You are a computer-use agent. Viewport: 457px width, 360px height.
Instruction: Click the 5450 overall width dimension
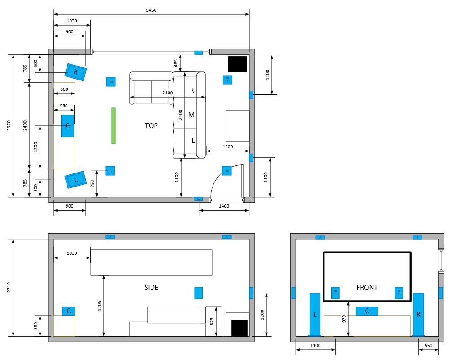click(151, 9)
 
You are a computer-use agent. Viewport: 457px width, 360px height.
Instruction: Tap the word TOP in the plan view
click(151, 126)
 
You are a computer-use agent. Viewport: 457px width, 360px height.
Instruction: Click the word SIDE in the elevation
click(151, 288)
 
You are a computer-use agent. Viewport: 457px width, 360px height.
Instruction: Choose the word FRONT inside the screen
click(367, 288)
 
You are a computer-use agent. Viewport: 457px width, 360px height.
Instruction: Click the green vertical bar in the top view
click(114, 126)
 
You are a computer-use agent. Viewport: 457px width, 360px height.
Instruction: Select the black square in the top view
click(237, 64)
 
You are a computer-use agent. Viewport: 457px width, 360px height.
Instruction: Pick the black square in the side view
click(239, 328)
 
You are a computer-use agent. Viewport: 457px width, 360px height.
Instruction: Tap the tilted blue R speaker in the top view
click(75, 72)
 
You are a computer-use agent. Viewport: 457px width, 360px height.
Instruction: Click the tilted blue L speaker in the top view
click(75, 180)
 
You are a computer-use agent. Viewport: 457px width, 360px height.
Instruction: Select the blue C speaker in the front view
click(367, 311)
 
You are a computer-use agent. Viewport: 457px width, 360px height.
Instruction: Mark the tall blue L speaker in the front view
click(315, 315)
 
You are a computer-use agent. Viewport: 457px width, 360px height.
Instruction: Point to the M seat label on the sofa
click(191, 115)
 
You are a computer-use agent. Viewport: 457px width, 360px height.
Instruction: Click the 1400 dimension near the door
click(223, 206)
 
